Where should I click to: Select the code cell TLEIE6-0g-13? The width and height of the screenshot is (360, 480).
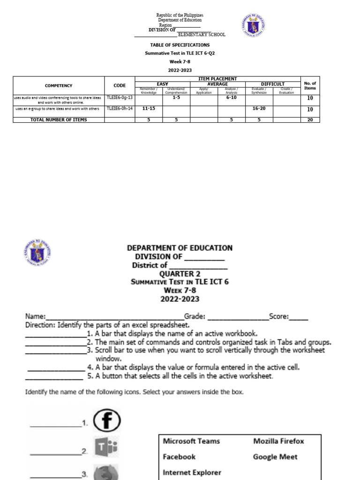(x=120, y=98)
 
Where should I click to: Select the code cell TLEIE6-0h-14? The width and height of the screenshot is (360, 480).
(x=120, y=109)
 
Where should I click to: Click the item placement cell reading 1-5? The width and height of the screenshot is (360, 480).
(x=176, y=98)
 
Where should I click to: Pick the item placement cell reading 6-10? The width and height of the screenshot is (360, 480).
(x=231, y=98)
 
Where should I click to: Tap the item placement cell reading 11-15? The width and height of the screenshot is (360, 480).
(x=149, y=109)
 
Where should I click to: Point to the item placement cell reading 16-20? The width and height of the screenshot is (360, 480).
(x=259, y=109)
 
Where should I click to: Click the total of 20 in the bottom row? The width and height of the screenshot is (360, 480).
(x=310, y=120)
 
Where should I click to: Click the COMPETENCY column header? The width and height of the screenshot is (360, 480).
(x=59, y=86)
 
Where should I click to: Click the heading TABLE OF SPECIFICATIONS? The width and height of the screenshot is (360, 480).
(x=180, y=45)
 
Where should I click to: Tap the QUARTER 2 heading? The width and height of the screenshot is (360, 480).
(x=180, y=274)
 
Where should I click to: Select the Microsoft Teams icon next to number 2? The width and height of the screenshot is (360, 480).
(x=105, y=449)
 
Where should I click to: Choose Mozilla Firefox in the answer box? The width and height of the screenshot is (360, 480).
(x=278, y=441)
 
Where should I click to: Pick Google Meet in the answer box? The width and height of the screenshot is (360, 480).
(x=275, y=457)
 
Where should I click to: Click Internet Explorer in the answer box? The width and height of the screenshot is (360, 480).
(x=192, y=472)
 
